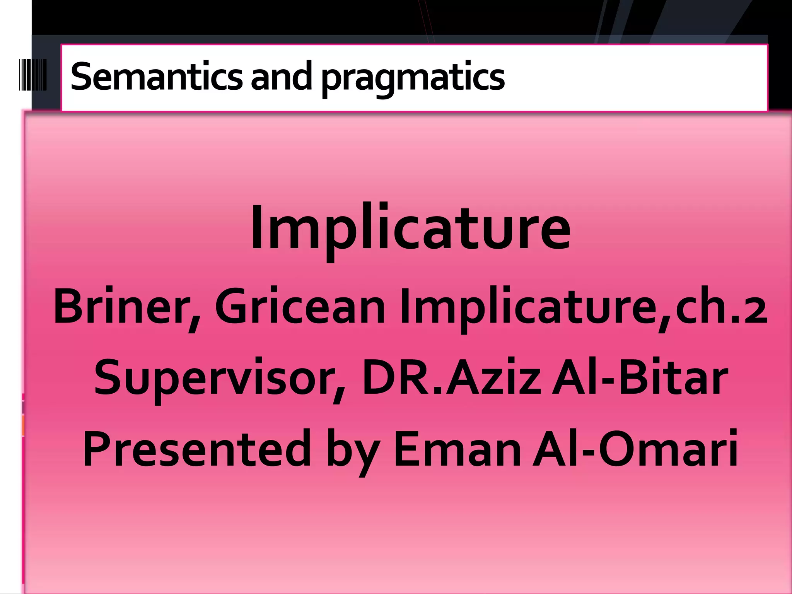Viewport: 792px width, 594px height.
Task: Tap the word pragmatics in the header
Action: tap(413, 77)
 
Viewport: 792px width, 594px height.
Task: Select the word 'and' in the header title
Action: tap(281, 76)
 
